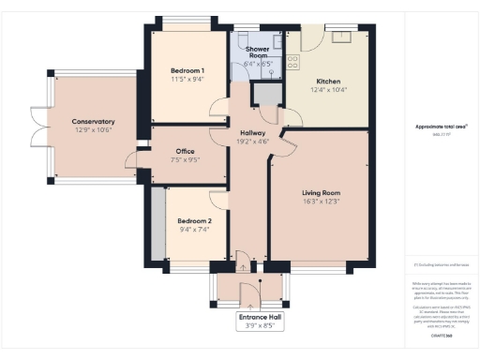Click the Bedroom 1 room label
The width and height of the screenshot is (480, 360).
(188, 71)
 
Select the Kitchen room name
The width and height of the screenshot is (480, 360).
(327, 81)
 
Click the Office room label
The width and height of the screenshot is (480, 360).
(185, 150)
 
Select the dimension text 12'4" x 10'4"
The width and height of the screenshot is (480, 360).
(327, 90)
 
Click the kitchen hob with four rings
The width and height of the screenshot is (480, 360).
(292, 62)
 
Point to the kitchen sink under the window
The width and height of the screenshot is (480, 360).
(337, 37)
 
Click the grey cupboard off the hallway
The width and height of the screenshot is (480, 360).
(267, 95)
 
